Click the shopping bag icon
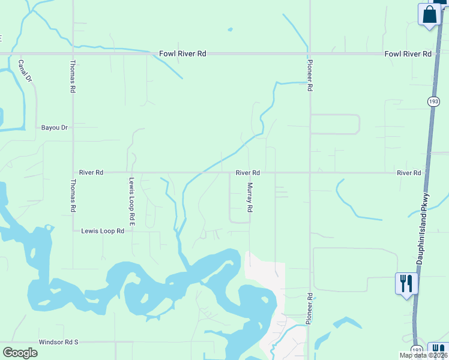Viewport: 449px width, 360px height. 430,16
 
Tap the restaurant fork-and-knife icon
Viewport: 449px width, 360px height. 406,283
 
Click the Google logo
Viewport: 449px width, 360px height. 20,353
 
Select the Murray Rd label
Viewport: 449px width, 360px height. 250,198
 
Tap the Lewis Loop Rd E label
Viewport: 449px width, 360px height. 131,203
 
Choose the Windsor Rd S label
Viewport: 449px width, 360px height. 59,342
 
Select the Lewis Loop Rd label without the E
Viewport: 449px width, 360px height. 103,230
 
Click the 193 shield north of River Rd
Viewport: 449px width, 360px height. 433,101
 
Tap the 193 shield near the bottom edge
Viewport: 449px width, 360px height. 417,350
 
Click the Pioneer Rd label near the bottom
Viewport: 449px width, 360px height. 309,309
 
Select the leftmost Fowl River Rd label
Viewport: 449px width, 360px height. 182,53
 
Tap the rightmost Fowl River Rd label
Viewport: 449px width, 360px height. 408,53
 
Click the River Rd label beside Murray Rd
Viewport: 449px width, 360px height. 247,173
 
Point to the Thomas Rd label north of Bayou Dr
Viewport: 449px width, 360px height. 73,76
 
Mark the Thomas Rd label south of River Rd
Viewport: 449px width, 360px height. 73,196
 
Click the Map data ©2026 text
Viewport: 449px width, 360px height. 423,355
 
